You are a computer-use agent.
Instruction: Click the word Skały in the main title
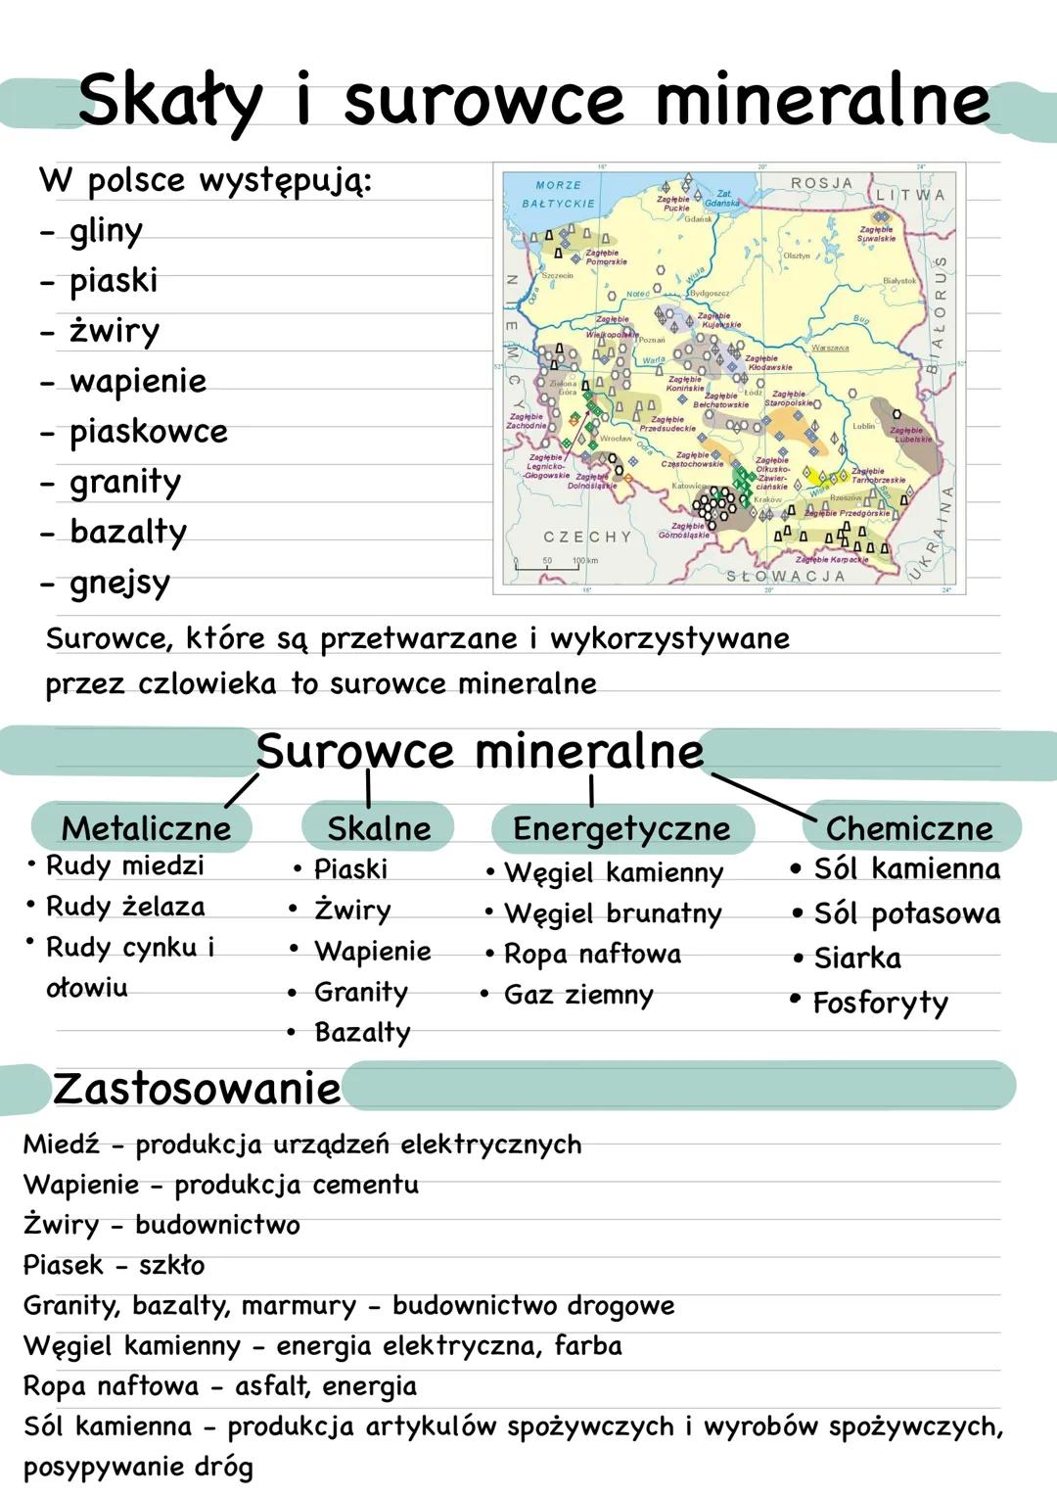(x=170, y=102)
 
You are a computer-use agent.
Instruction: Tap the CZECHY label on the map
(x=587, y=537)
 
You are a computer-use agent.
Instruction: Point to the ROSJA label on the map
(x=821, y=183)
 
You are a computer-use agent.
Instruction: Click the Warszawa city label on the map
(x=830, y=348)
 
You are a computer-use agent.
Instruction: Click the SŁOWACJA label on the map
(x=785, y=577)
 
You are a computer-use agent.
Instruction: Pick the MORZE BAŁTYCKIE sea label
(x=559, y=194)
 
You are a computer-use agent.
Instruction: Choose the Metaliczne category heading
(x=146, y=828)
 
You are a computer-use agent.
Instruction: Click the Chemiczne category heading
(x=909, y=828)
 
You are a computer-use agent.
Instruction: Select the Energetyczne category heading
(x=621, y=828)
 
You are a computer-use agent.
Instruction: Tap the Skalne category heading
(x=379, y=828)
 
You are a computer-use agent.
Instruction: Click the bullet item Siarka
(x=857, y=958)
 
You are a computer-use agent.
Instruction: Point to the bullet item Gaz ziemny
(x=578, y=995)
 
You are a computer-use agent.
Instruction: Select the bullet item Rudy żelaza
(x=125, y=907)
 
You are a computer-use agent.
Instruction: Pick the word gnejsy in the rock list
(x=119, y=583)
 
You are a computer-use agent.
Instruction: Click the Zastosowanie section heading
(x=197, y=1089)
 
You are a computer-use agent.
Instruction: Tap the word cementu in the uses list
(x=364, y=1185)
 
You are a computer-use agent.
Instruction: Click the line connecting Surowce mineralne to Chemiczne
(x=763, y=796)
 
